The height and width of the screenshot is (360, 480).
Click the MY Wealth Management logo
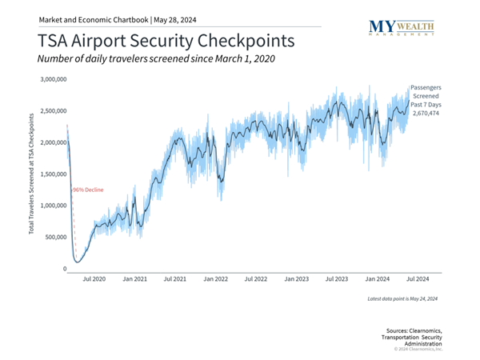click(x=402, y=28)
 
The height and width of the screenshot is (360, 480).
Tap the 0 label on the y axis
click(x=64, y=269)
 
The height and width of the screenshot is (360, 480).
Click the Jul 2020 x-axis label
click(x=94, y=279)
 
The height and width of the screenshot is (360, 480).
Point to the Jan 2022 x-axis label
click(x=216, y=279)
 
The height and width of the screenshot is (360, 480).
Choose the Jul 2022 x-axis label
click(x=256, y=279)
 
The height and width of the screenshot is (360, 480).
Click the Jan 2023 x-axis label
click(x=297, y=279)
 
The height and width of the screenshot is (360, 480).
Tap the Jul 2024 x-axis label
click(x=418, y=279)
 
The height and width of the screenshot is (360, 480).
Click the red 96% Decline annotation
click(x=89, y=190)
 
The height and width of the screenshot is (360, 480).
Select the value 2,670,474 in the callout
click(x=426, y=114)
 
